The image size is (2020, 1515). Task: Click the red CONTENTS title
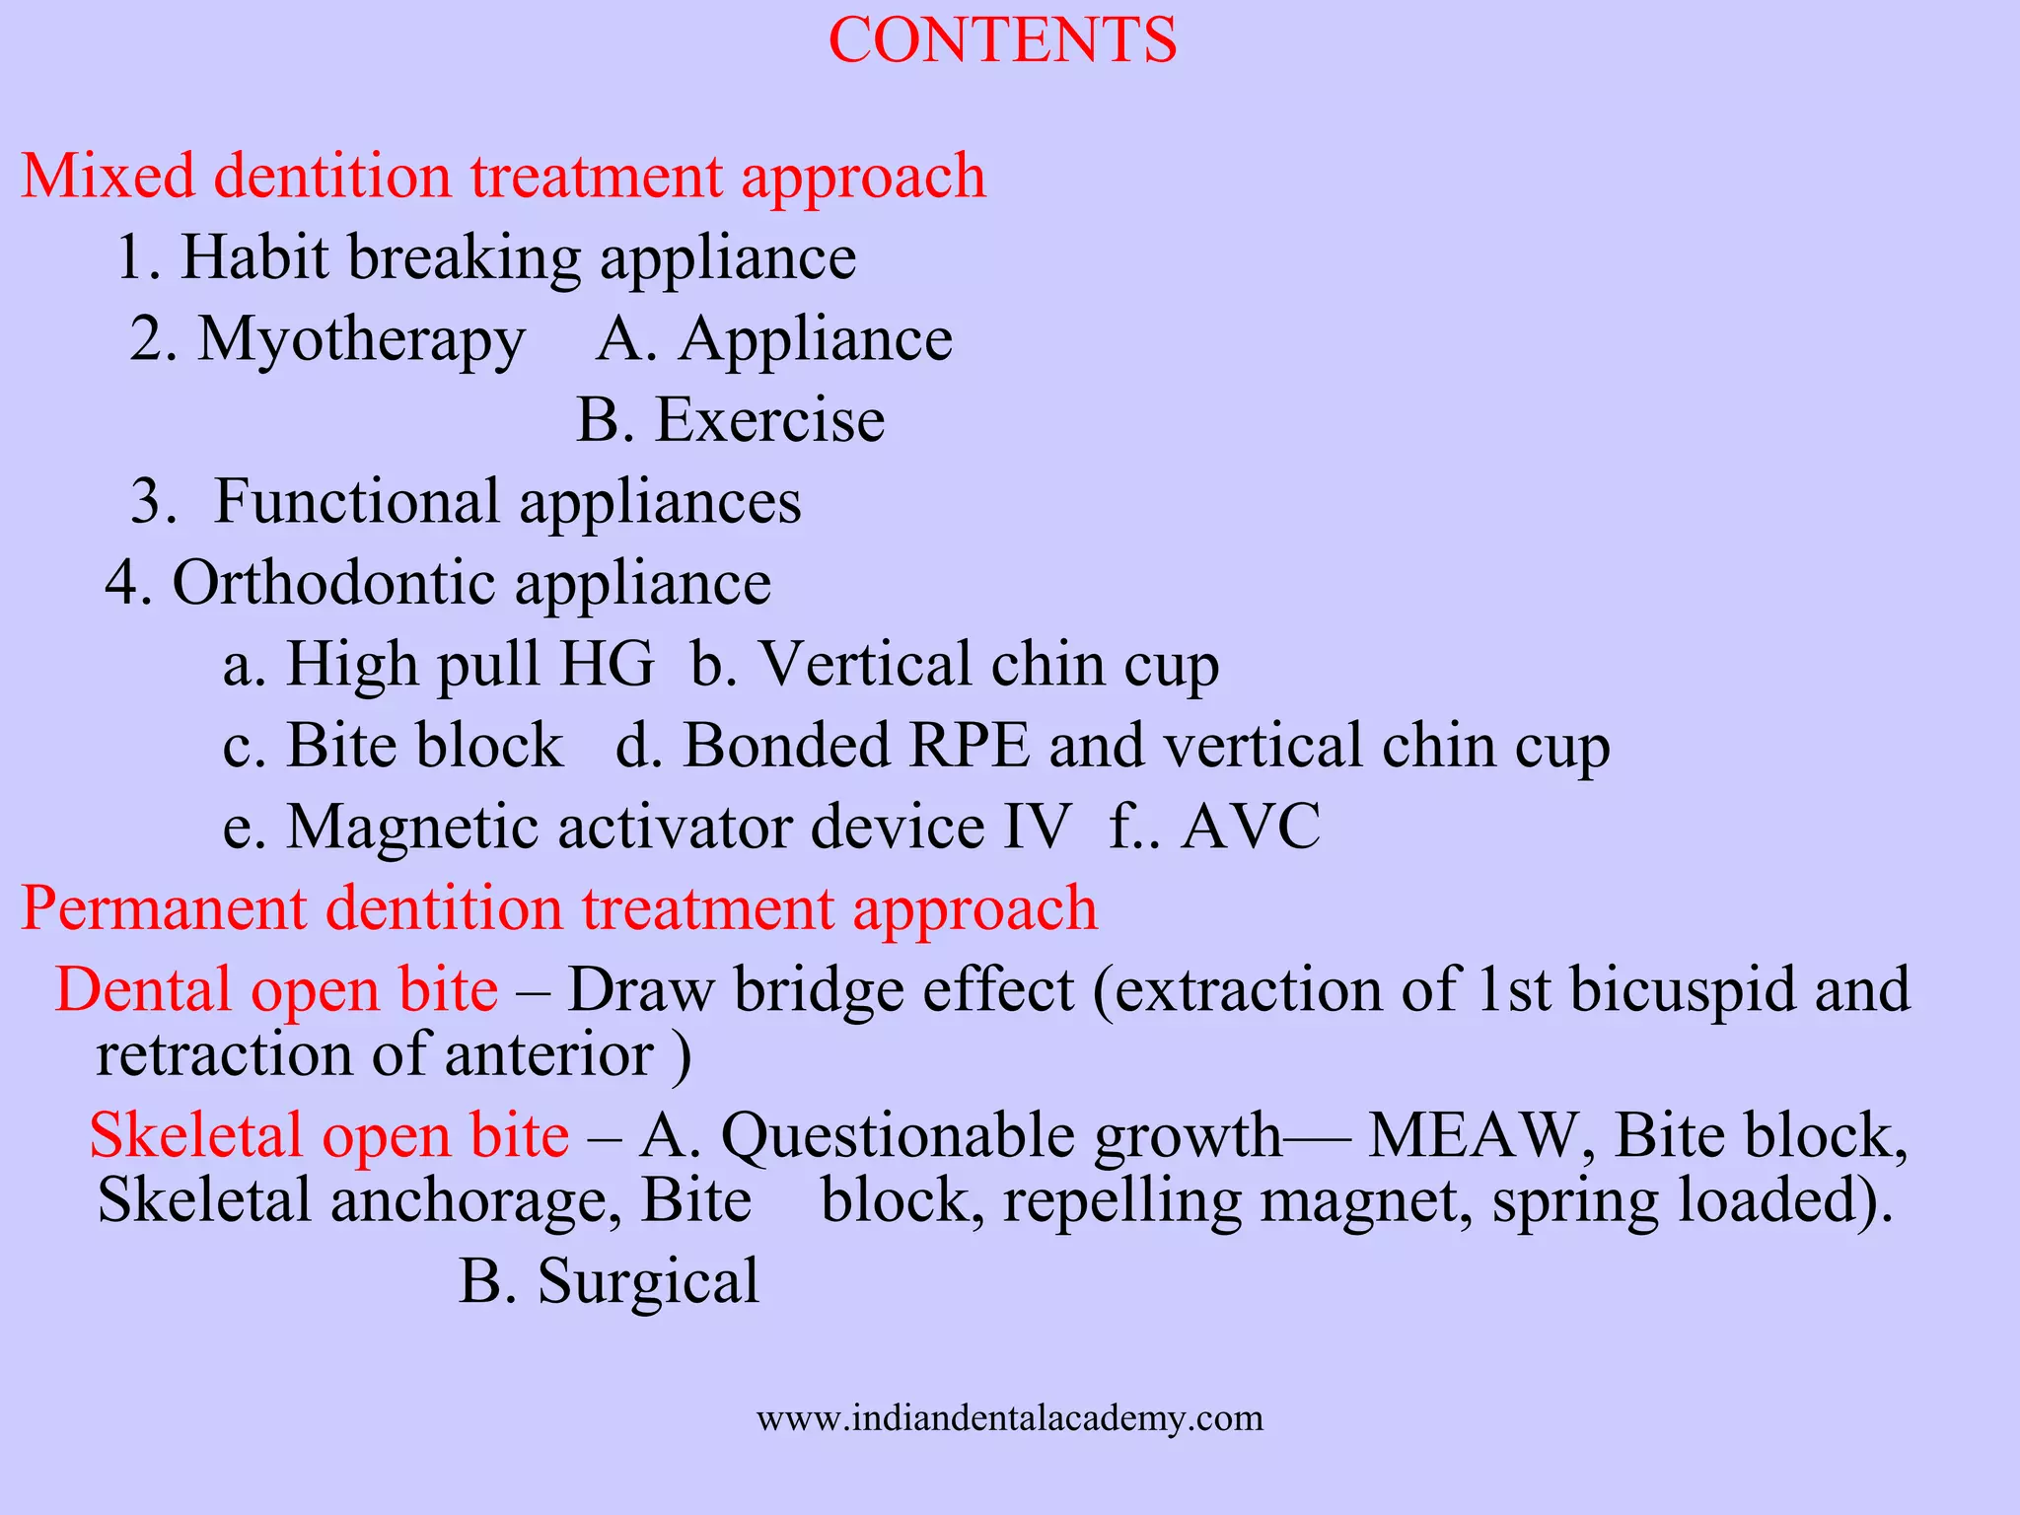1002,41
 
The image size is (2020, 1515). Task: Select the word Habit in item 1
254,258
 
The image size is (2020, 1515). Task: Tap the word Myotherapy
361,341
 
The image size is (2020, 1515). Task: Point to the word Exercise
769,421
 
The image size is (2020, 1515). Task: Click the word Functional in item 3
356,502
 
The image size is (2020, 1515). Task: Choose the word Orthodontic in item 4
333,583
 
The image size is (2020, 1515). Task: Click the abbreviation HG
607,664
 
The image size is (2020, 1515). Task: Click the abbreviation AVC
1251,827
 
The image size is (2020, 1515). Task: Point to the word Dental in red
143,990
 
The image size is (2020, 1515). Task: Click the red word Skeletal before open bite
194,1136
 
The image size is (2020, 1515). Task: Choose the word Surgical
648,1282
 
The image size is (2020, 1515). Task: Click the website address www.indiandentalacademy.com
1010,1418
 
